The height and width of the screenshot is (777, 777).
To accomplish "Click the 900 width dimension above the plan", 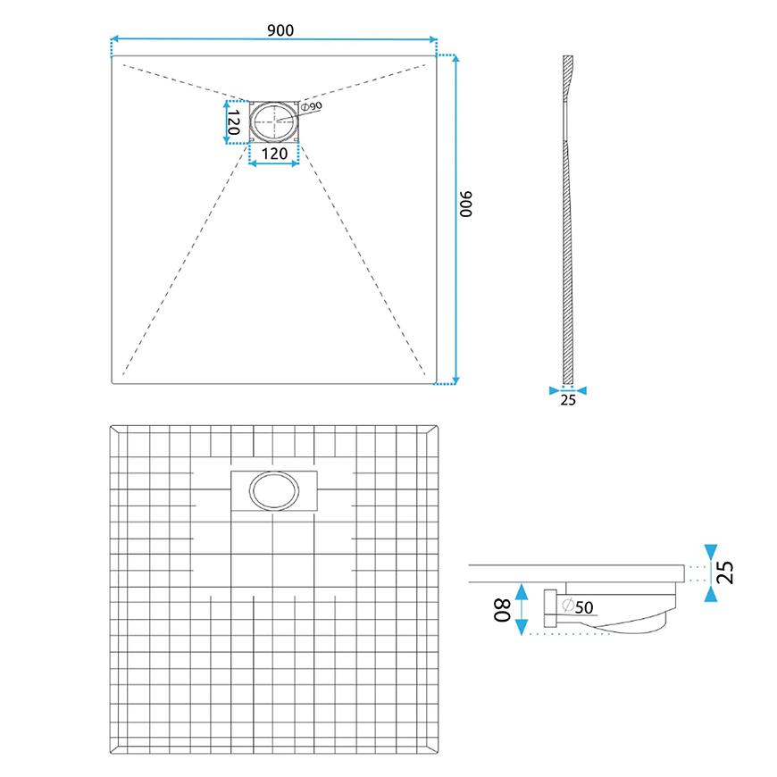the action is point(280,30).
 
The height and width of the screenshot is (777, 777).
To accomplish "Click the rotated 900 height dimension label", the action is point(466,204).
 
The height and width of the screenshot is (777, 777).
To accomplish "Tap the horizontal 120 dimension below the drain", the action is point(274,154).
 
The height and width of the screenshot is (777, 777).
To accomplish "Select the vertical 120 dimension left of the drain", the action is point(233,123).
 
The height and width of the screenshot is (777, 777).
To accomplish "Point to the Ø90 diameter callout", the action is point(311,106).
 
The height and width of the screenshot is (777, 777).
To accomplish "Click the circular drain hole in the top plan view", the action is point(274,121).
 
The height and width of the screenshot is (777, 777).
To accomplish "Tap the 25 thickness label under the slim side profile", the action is point(568,400).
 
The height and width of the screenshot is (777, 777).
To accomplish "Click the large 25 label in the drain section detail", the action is point(724,572).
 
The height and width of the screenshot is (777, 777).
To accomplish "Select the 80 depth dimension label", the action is point(502,610).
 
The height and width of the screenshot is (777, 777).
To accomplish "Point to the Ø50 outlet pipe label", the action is point(579,606).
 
